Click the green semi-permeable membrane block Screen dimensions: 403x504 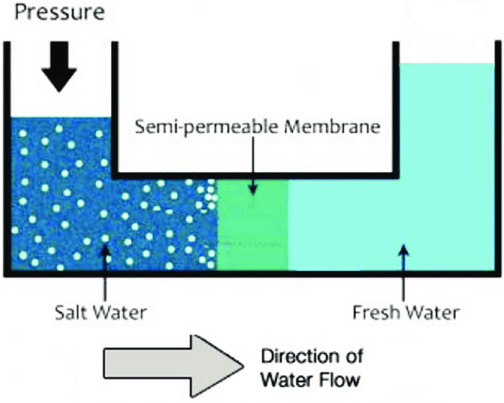(x=253, y=225)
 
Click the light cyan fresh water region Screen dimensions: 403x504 (x=415, y=178)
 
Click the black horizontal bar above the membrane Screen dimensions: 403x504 (x=255, y=176)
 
